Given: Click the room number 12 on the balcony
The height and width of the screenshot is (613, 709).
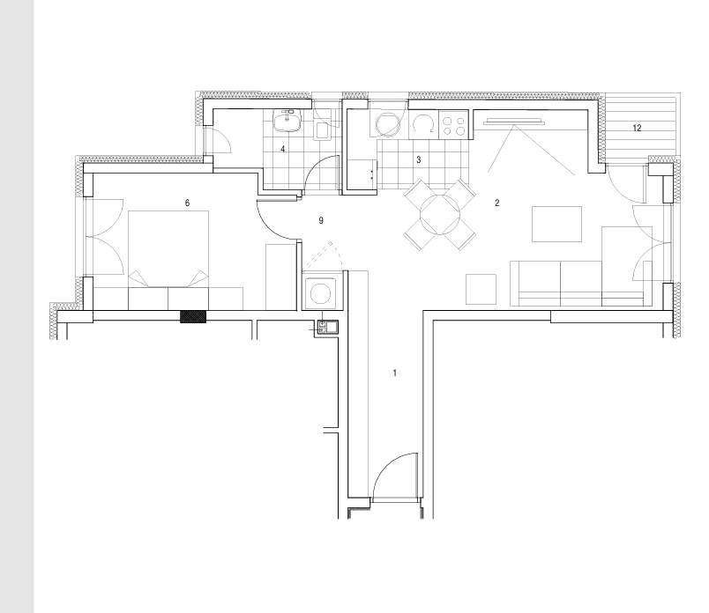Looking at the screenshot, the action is click(x=637, y=129).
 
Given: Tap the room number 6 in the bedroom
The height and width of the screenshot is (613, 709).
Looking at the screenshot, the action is click(x=187, y=203).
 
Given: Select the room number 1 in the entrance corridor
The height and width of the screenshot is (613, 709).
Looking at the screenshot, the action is click(x=395, y=373).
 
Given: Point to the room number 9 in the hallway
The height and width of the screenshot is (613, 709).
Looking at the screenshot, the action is click(x=321, y=220).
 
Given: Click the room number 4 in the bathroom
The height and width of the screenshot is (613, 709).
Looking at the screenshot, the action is click(x=282, y=149).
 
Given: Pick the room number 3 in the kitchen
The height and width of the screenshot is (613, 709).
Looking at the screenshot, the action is click(x=419, y=160).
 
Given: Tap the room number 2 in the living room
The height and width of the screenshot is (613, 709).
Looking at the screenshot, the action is click(x=497, y=203).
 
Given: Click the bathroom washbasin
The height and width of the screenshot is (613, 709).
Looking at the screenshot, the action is click(x=287, y=121).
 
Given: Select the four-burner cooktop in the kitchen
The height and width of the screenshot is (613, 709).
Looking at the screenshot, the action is click(x=453, y=124).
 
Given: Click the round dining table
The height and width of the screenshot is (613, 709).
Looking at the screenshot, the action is click(x=439, y=214).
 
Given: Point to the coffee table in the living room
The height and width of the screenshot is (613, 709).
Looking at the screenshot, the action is click(x=556, y=224).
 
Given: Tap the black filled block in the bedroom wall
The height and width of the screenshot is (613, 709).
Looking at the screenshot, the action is click(x=193, y=317).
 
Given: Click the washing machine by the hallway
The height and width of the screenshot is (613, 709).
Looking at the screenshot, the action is click(x=321, y=293).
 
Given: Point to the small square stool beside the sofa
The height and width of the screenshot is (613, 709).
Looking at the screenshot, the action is click(x=481, y=289).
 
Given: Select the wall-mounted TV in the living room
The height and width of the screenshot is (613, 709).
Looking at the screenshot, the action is click(x=513, y=121).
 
